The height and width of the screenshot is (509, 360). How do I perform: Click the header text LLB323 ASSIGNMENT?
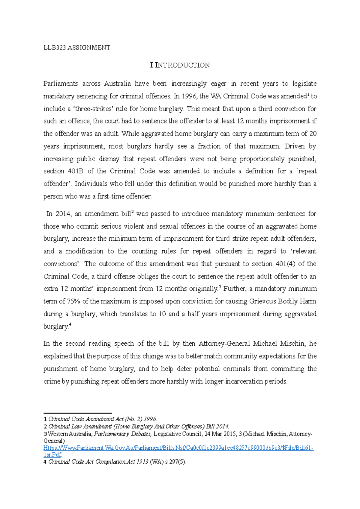click(77, 48)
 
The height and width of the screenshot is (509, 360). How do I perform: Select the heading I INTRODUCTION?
click(180, 65)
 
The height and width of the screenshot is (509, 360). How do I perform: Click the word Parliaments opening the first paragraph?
click(61, 84)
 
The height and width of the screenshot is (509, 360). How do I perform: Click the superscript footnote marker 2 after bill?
click(133, 212)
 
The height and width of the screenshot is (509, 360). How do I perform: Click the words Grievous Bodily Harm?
click(283, 301)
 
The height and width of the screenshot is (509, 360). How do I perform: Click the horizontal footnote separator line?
click(78, 413)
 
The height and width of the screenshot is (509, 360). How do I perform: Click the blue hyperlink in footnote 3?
click(178, 448)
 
